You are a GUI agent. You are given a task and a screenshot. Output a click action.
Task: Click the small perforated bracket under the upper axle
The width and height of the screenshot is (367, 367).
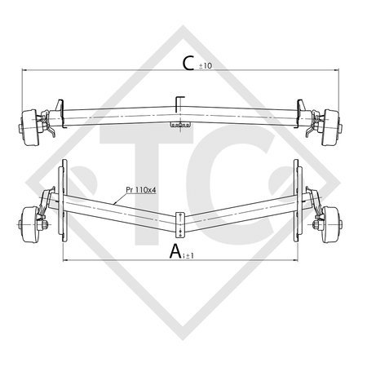coord(179,126)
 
